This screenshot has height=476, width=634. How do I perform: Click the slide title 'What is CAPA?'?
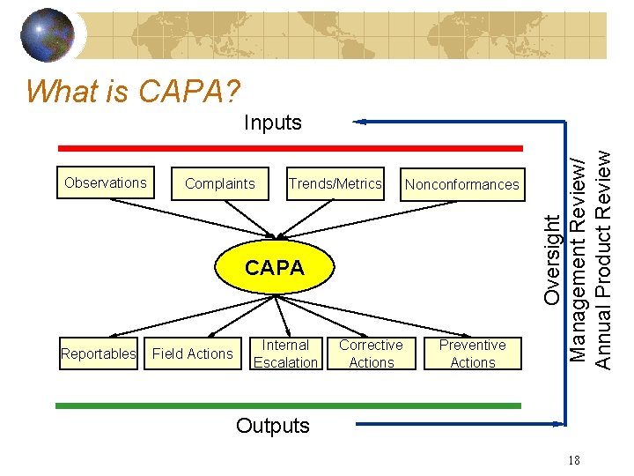pos(133,90)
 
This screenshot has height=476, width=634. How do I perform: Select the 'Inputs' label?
pos(273,123)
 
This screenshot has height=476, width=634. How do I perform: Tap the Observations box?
pos(106,183)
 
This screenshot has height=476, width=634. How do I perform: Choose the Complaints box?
pos(220,183)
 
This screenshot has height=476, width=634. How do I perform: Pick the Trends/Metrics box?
pos(335,183)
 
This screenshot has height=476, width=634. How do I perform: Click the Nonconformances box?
pos(461,184)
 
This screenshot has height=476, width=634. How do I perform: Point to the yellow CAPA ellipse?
pos(275,268)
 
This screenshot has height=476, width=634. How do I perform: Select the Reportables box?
pos(99,353)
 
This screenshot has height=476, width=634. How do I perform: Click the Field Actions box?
pos(193,353)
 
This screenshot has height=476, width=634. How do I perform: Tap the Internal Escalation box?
pos(285,353)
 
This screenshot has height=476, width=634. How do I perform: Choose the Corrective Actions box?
pos(371,353)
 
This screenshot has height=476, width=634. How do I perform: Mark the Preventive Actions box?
pos(473,353)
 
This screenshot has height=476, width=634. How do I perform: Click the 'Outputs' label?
pos(273,426)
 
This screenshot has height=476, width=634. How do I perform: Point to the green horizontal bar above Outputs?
pos(288,405)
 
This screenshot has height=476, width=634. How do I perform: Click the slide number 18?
pos(573,460)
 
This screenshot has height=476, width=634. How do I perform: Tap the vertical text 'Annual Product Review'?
pos(603,258)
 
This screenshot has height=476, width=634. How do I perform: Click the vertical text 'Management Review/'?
pos(578,259)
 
